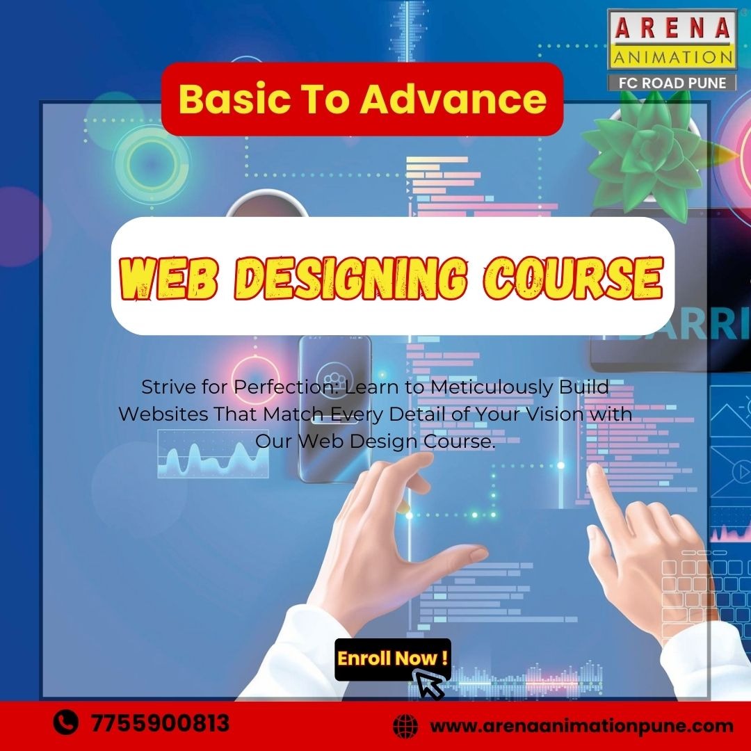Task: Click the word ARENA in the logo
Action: tap(672, 27)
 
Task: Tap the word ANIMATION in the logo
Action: tap(672, 57)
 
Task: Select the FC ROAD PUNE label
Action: tap(672, 83)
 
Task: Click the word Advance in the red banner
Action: tap(453, 99)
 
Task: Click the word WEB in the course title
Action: tap(168, 277)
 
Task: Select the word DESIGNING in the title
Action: tap(350, 277)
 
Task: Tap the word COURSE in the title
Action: tap(573, 277)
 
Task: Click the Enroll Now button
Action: tap(393, 659)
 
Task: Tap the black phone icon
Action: tap(65, 722)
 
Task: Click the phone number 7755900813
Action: tap(161, 722)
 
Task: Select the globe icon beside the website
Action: tap(405, 726)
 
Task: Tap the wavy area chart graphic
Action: tap(213, 454)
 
